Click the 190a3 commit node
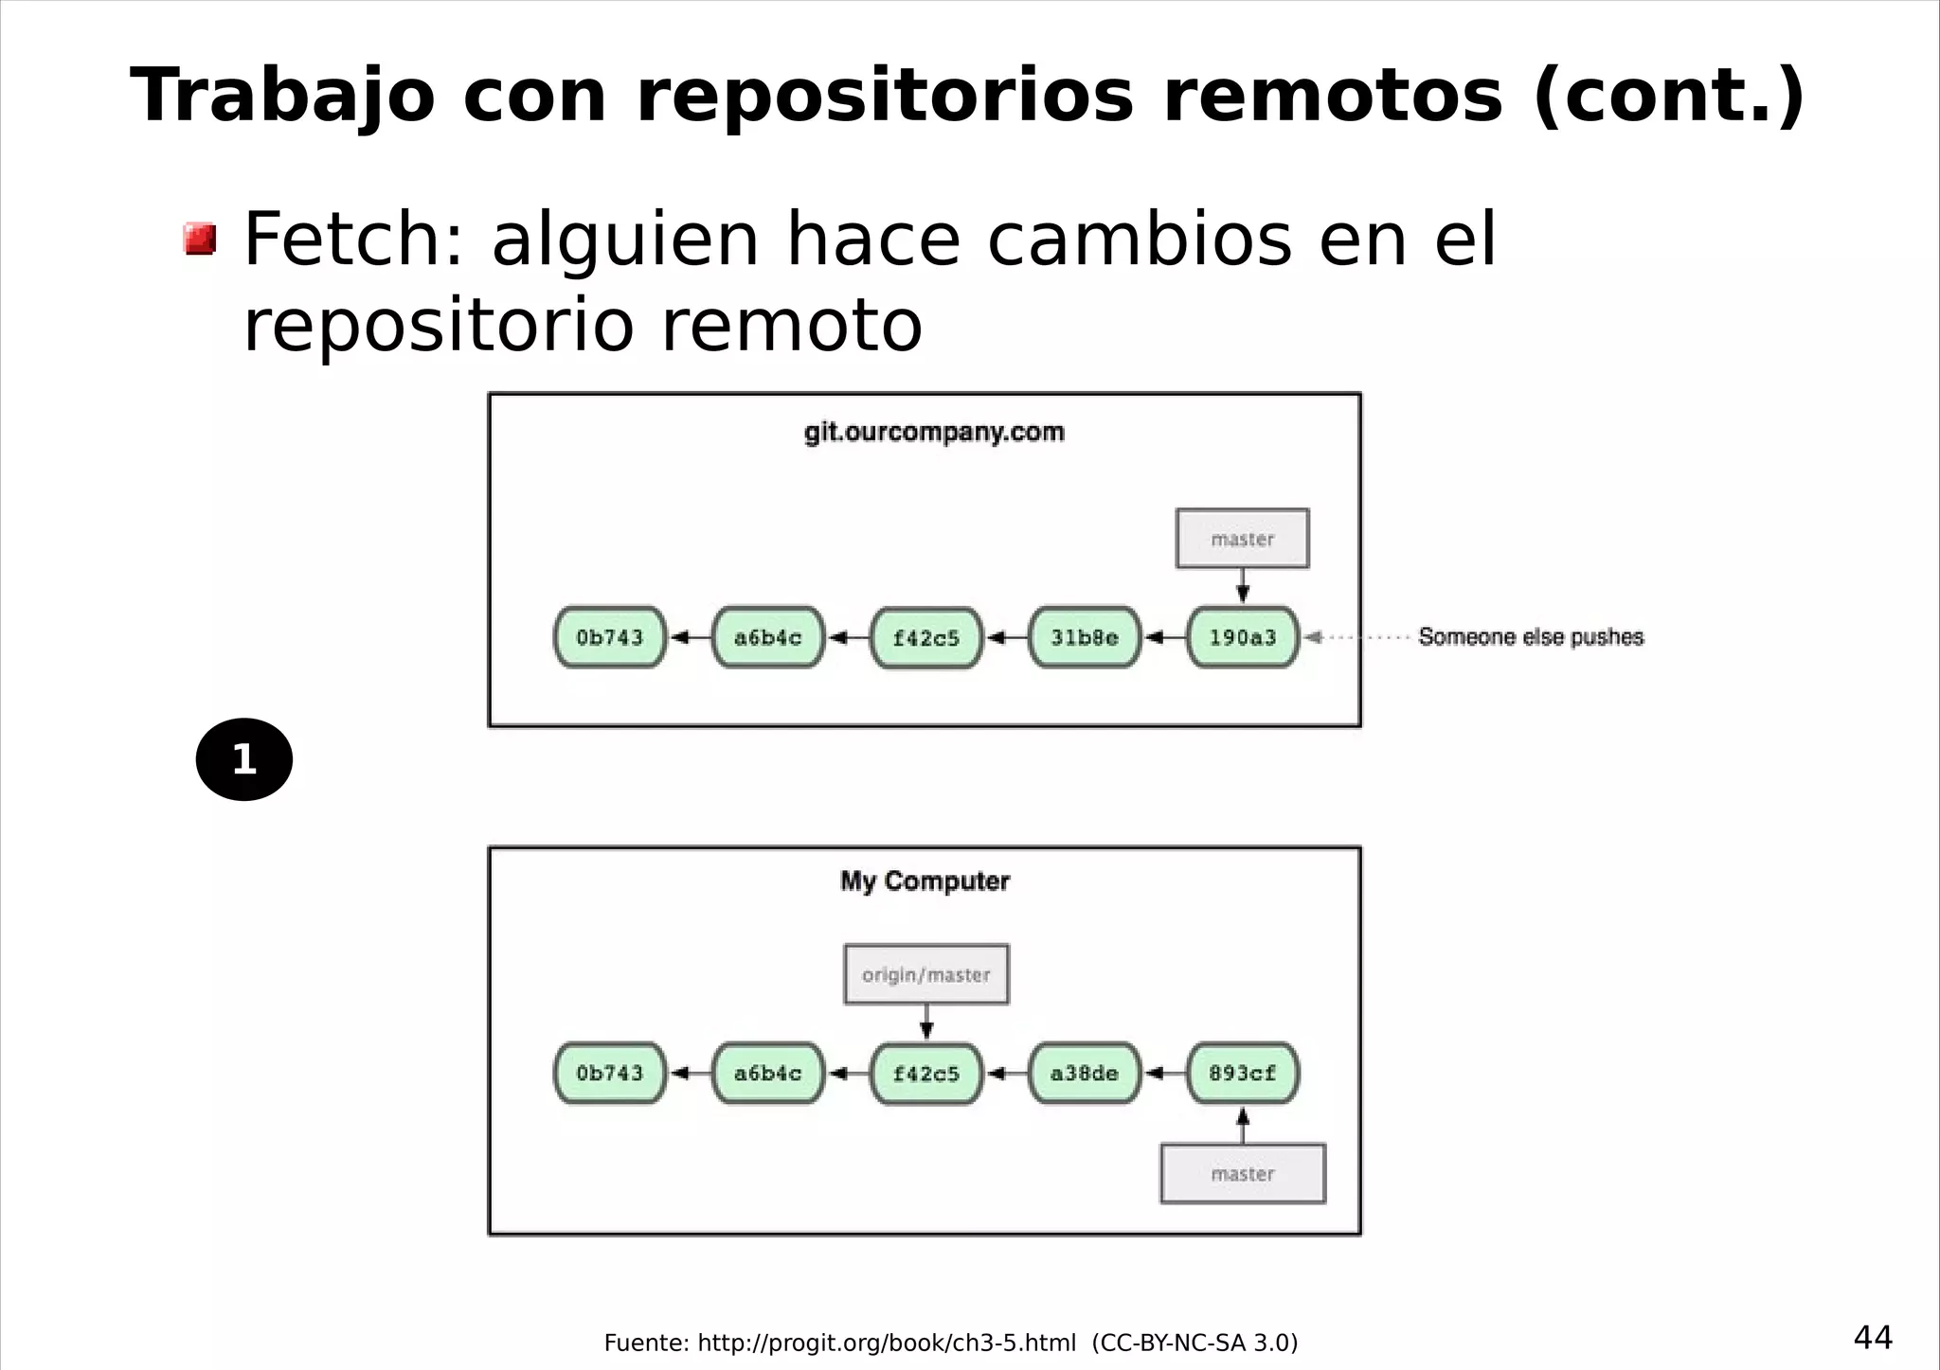[x=1243, y=637]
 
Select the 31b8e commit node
[x=1085, y=637]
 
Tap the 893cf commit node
[x=1243, y=1073]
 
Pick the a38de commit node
[x=1085, y=1073]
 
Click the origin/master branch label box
[x=926, y=974]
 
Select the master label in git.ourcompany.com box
[x=1243, y=539]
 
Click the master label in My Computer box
[x=1243, y=1174]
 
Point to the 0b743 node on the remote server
[x=610, y=637]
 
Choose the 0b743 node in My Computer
[x=610, y=1073]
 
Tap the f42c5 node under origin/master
[x=926, y=1073]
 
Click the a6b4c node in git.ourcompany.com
[x=768, y=637]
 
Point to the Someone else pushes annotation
[x=1531, y=637]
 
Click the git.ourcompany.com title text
[x=934, y=433]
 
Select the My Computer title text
[x=925, y=881]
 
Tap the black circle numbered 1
[x=244, y=759]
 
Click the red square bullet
[x=200, y=239]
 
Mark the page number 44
[x=1873, y=1338]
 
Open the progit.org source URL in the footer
[x=887, y=1343]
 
